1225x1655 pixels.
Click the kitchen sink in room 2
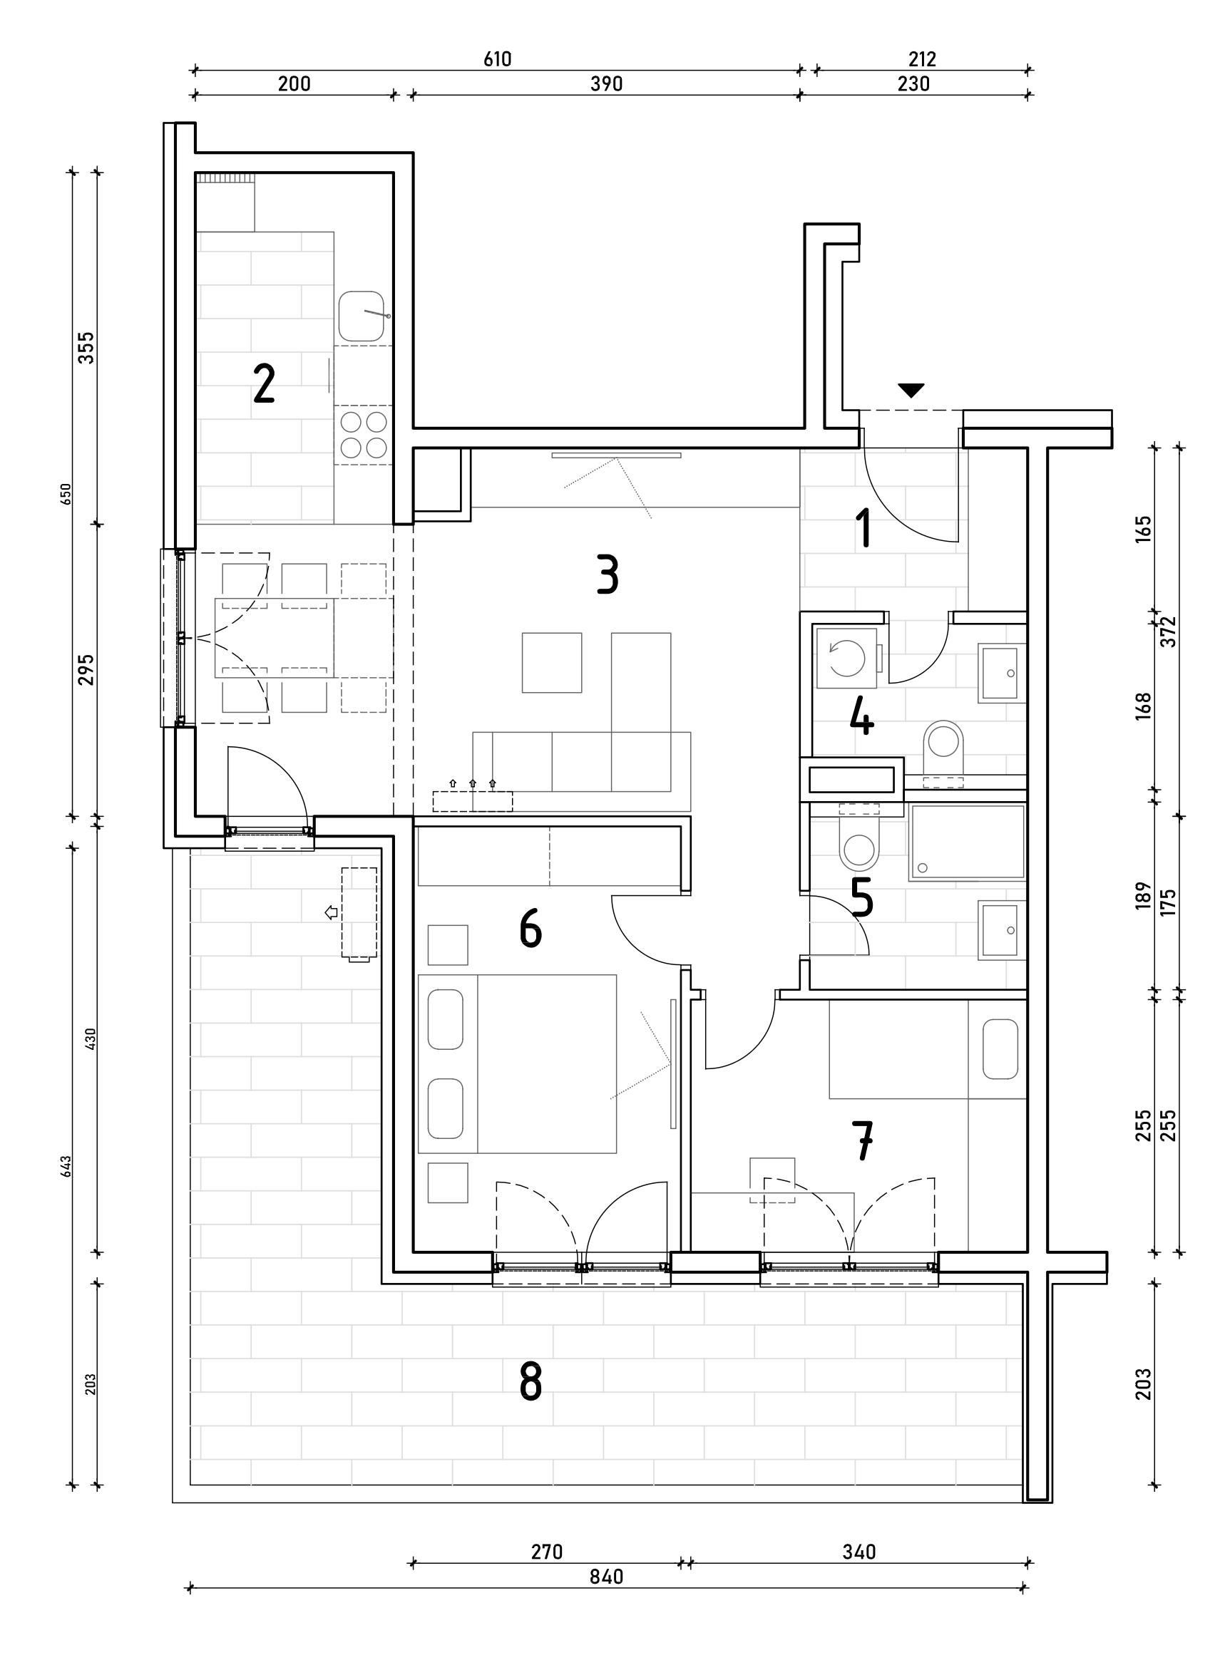tap(362, 316)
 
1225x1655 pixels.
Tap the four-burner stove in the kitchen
tap(364, 434)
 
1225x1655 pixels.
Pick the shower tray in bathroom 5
tap(967, 842)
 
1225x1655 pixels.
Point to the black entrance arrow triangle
tap(911, 390)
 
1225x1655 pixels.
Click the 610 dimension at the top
tap(498, 59)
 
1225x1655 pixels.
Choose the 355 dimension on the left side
tap(87, 348)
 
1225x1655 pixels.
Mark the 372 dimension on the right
tap(1169, 631)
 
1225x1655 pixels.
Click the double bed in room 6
tap(518, 1063)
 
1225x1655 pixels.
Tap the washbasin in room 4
tap(1002, 673)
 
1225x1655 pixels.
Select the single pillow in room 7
tap(1000, 1048)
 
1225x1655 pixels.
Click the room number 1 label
tap(863, 528)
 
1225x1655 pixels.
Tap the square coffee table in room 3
tap(552, 663)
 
